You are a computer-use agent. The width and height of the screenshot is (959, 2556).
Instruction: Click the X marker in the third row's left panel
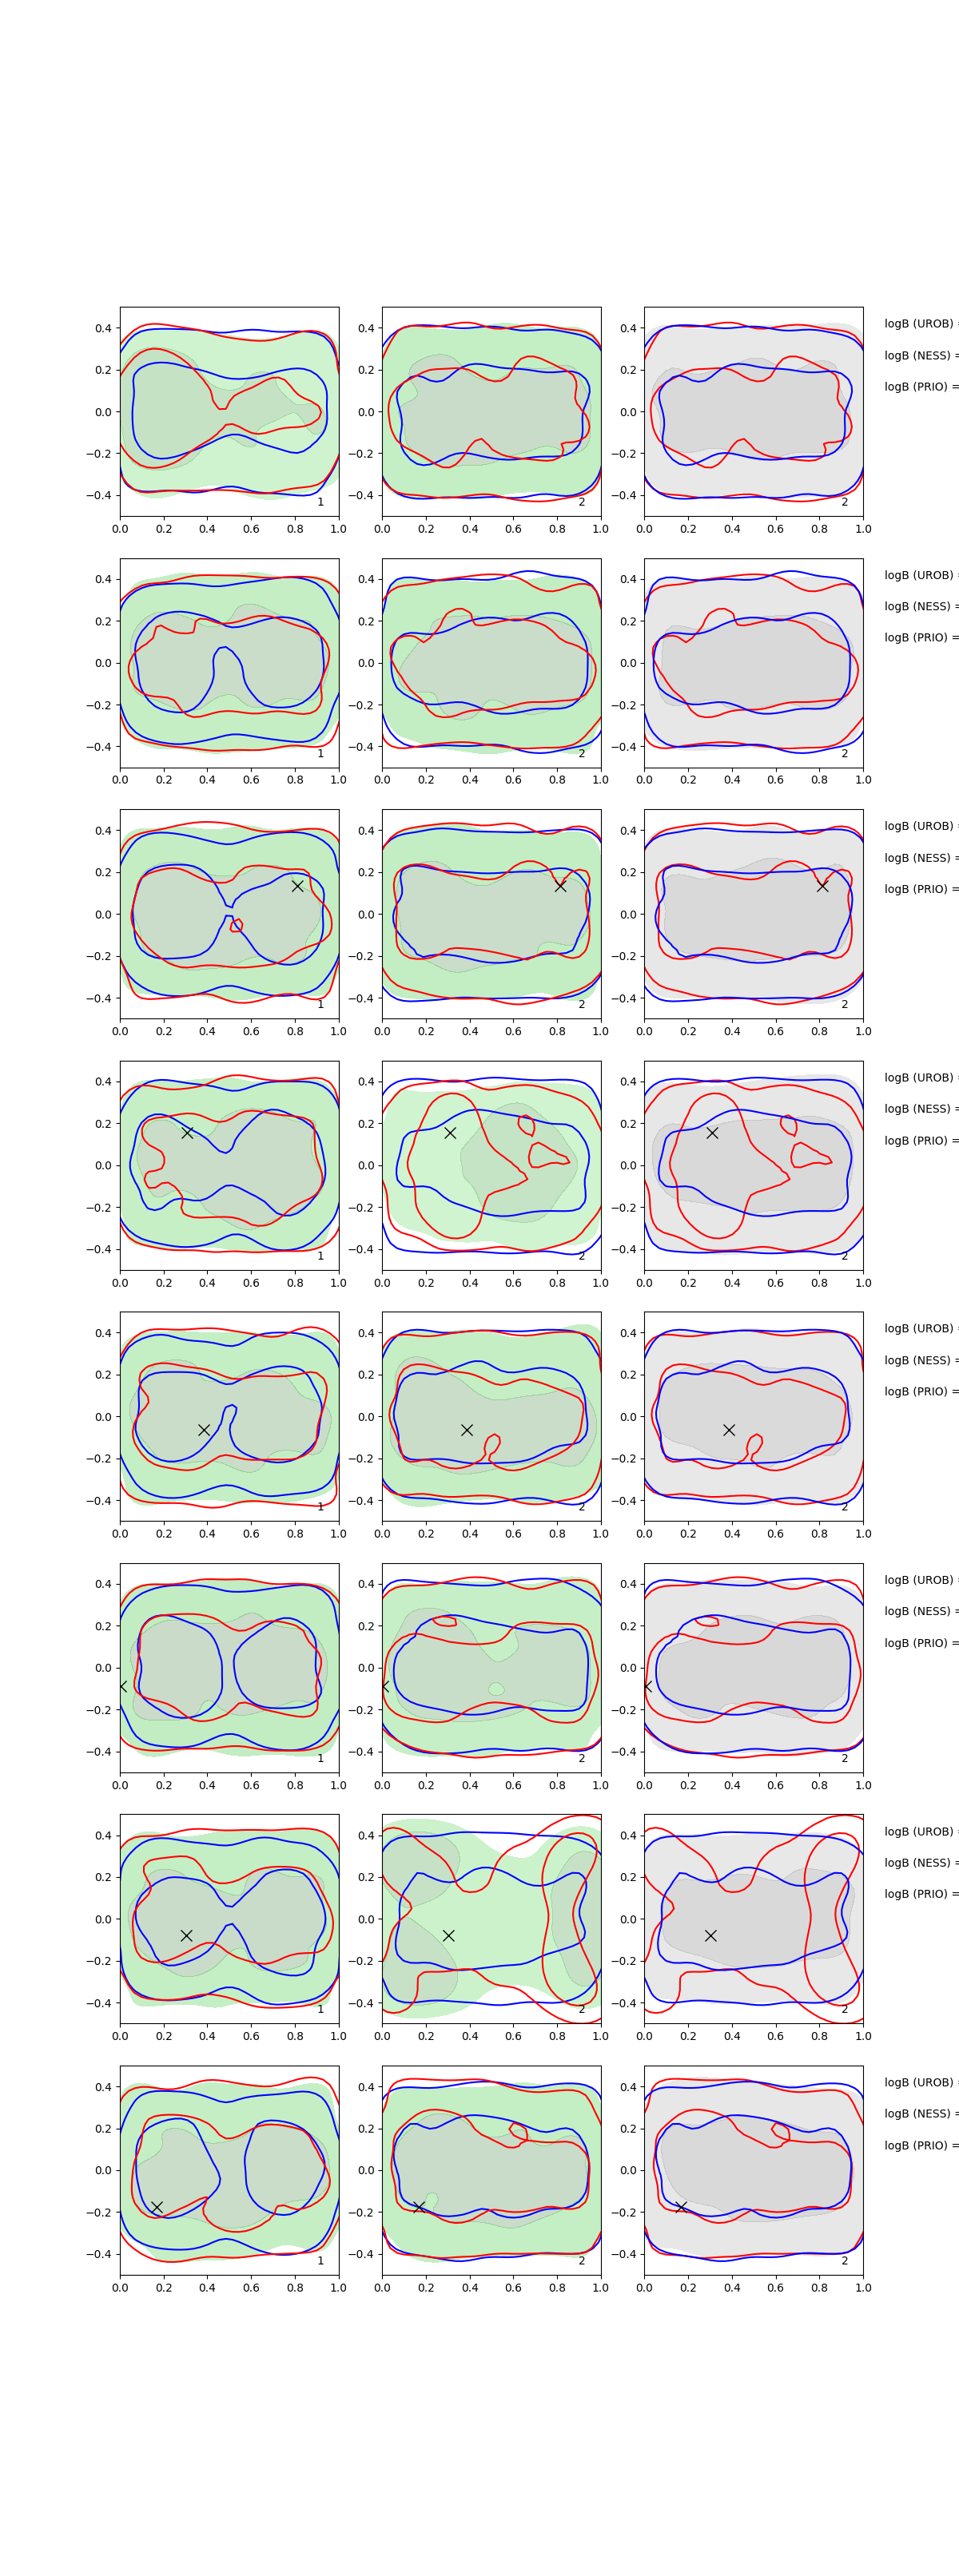coord(296,886)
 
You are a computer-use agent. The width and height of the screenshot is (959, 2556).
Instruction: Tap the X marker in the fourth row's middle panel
coord(450,1132)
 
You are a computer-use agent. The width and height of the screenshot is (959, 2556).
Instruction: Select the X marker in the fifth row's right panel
coord(729,1430)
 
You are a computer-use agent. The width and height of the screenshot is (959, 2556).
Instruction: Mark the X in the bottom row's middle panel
coord(419,2207)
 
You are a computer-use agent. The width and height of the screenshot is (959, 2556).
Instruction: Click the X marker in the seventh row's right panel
coord(710,1935)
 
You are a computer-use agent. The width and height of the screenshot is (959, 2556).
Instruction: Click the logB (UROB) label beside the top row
coord(919,323)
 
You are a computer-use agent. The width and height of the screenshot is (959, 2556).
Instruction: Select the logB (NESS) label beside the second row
coord(919,606)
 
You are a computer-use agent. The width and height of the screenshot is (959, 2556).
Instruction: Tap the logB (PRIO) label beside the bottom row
coord(919,2145)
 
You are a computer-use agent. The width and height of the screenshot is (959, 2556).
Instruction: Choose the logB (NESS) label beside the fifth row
coord(919,1360)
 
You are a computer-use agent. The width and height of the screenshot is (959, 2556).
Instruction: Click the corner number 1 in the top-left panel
coord(320,502)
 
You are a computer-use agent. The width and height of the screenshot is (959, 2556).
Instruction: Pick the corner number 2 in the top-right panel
coord(845,502)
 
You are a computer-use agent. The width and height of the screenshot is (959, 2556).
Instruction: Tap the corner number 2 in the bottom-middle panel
coord(582,2260)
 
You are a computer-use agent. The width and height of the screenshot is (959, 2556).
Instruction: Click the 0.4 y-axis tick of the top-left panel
coord(103,328)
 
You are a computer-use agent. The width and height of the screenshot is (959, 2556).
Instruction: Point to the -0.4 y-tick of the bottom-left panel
coord(100,2254)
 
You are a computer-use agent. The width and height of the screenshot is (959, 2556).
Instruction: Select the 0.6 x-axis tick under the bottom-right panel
coord(775,2287)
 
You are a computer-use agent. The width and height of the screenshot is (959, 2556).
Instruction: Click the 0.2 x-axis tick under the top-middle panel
coord(426,529)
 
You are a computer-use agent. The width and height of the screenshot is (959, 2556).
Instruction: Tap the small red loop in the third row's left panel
coord(237,926)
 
